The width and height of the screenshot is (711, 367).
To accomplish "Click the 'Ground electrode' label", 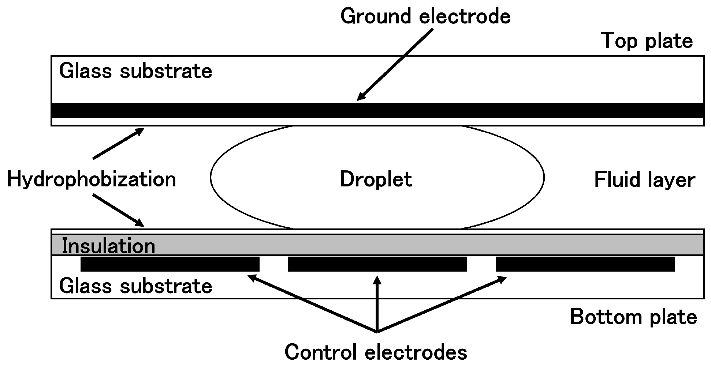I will pyautogui.click(x=425, y=17).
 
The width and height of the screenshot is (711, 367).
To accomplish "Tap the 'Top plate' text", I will pyautogui.click(x=647, y=41).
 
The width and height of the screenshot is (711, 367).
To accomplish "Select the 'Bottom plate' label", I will pyautogui.click(x=633, y=317).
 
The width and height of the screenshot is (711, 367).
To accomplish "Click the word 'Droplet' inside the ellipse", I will pyautogui.click(x=376, y=179).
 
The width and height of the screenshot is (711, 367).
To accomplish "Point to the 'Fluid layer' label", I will pyautogui.click(x=644, y=180).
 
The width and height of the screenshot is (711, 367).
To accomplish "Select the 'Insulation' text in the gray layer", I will pyautogui.click(x=108, y=246).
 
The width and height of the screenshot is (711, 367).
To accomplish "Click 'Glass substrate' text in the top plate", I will pyautogui.click(x=135, y=71).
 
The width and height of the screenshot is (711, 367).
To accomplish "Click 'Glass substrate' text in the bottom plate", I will pyautogui.click(x=135, y=286).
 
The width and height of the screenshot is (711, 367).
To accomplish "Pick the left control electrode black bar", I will pyautogui.click(x=170, y=264).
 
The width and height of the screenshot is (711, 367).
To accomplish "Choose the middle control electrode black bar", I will pyautogui.click(x=377, y=264).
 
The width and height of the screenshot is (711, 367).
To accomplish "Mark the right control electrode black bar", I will pyautogui.click(x=585, y=264).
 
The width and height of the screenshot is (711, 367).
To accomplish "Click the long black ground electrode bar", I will pyautogui.click(x=377, y=110).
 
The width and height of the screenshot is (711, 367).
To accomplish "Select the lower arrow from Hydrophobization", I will pyautogui.click(x=118, y=210).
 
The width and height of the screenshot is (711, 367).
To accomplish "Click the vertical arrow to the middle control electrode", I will pyautogui.click(x=377, y=303).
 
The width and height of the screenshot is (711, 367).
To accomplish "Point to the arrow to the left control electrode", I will pyautogui.click(x=311, y=303).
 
